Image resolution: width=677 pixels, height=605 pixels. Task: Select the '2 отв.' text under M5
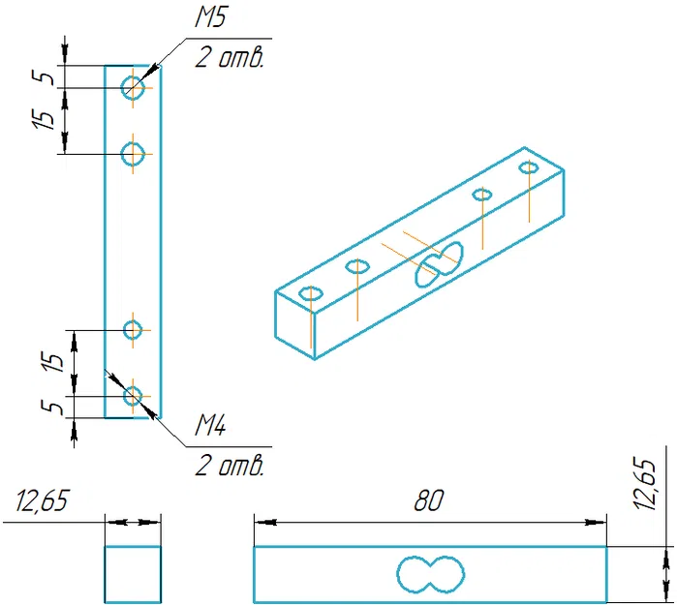(x=229, y=58)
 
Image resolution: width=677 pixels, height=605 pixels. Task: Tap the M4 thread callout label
(x=211, y=426)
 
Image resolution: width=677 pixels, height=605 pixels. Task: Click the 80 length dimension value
(x=428, y=501)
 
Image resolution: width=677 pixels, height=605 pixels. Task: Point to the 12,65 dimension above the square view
(x=43, y=502)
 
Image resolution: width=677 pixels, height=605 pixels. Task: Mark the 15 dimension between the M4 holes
(x=55, y=362)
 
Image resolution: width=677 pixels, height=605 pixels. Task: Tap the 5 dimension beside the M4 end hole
(x=55, y=407)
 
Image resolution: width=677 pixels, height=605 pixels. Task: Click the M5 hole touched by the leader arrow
(x=133, y=88)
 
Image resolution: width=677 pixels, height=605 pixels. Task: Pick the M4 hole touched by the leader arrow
(x=133, y=395)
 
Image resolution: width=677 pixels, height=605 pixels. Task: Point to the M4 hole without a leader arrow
(x=133, y=330)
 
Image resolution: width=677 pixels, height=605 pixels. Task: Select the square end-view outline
(x=133, y=574)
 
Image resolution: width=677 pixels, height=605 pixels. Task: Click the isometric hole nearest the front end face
(x=311, y=293)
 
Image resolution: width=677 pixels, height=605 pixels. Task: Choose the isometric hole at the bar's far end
(x=529, y=168)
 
